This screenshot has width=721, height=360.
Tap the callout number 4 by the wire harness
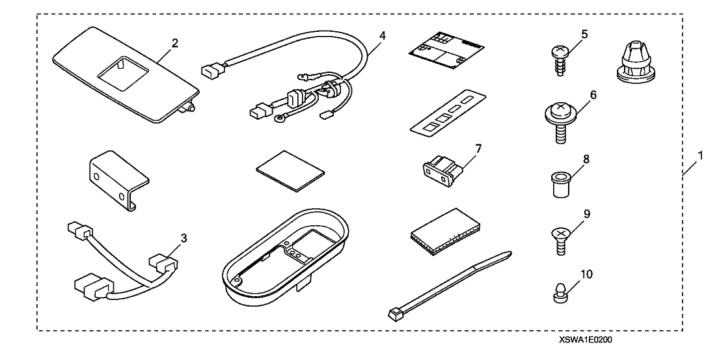coord(381,35)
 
